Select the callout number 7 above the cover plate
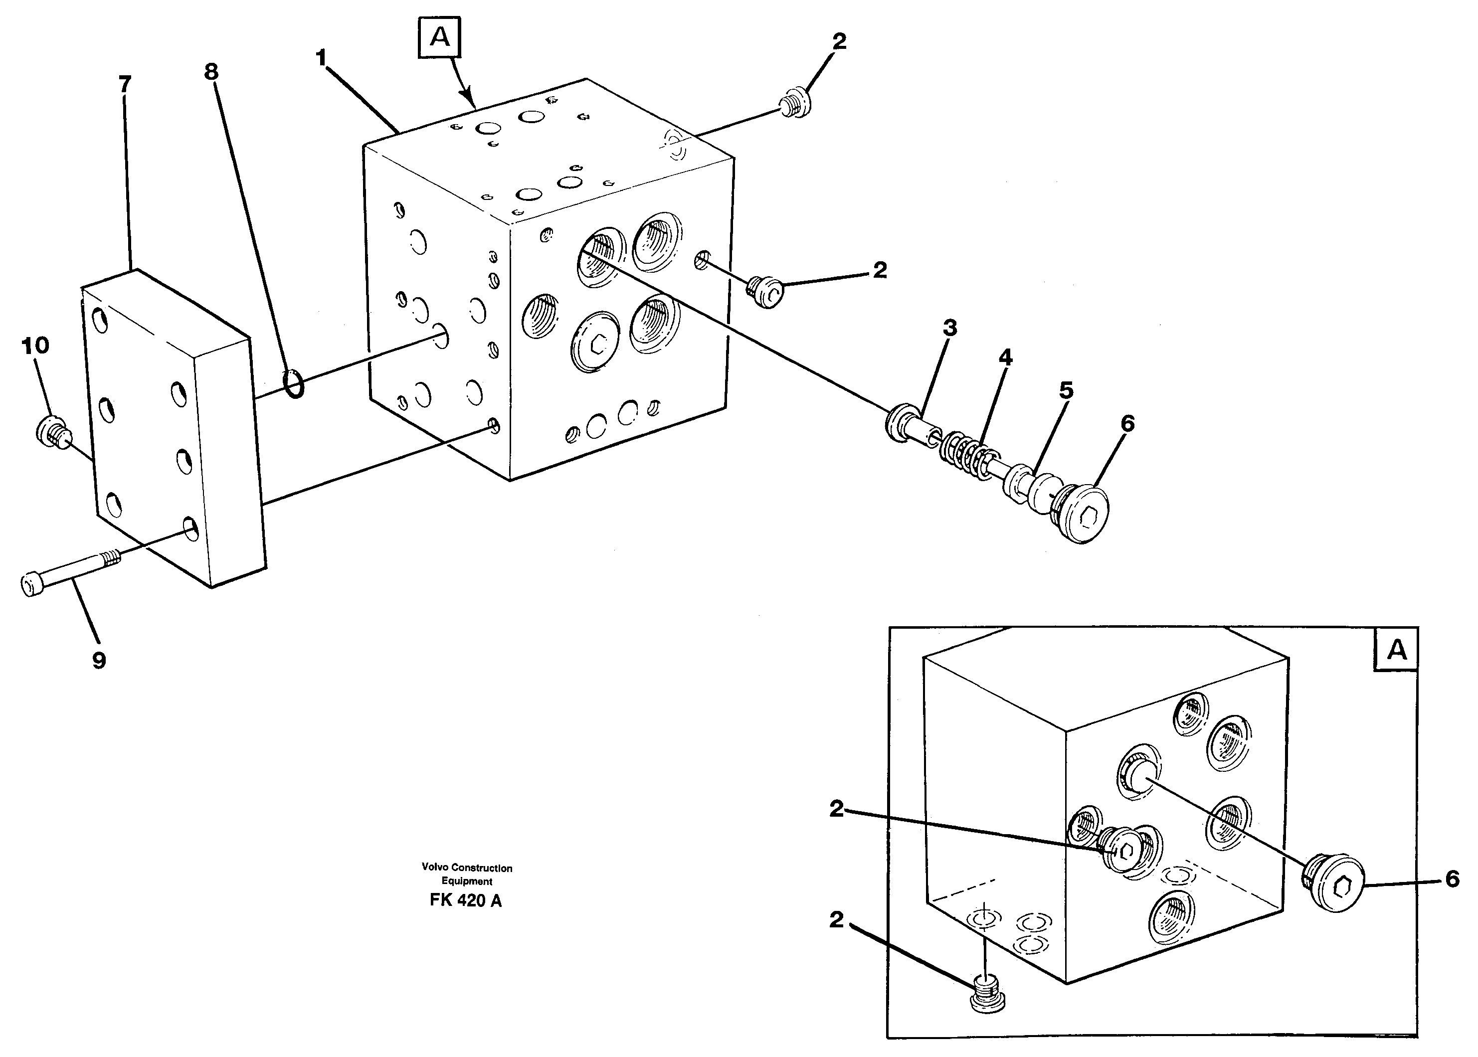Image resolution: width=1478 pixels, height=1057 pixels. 125,84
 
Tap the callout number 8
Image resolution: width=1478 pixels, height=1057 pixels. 211,72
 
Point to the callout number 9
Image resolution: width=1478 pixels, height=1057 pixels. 99,661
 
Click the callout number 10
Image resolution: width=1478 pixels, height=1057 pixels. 35,346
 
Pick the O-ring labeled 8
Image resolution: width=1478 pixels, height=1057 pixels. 294,384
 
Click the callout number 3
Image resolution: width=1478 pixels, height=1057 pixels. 949,328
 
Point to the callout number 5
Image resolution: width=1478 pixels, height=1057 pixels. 1066,390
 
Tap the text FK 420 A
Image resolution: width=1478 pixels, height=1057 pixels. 465,901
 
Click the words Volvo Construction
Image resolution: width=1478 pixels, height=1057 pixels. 467,868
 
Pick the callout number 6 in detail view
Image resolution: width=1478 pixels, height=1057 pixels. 1453,880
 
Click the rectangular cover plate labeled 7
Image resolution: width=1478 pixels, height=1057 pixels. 173,430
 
